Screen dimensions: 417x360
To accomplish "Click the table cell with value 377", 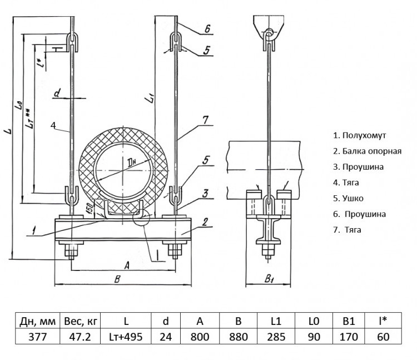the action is [x=37, y=337].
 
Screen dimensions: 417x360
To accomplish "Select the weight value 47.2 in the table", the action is [x=80, y=337].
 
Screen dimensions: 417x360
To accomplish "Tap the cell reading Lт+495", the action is [x=126, y=337].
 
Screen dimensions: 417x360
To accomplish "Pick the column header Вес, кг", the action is [x=81, y=322].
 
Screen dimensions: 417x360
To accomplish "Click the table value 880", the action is [x=239, y=337].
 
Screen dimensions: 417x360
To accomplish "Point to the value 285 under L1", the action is [x=276, y=337].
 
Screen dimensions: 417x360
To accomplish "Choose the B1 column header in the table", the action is [x=349, y=321].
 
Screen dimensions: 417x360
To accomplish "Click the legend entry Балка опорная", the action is [x=368, y=151].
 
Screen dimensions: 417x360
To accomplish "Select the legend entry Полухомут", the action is [x=359, y=135].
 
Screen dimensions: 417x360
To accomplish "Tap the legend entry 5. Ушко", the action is [x=348, y=198].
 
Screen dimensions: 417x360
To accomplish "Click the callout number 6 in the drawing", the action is [x=207, y=29].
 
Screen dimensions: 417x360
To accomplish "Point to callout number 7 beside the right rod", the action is [x=206, y=120].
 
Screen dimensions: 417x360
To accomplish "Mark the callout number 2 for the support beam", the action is [x=205, y=222].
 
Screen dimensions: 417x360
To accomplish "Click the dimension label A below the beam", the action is [x=127, y=265].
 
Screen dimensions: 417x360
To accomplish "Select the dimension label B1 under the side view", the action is [x=269, y=279].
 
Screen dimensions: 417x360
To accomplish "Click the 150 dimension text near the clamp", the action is [x=90, y=208].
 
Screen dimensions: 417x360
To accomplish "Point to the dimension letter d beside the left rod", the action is [x=57, y=93].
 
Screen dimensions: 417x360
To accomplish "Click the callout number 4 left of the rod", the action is [x=53, y=125].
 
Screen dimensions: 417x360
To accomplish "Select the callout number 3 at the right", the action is [x=205, y=194].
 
